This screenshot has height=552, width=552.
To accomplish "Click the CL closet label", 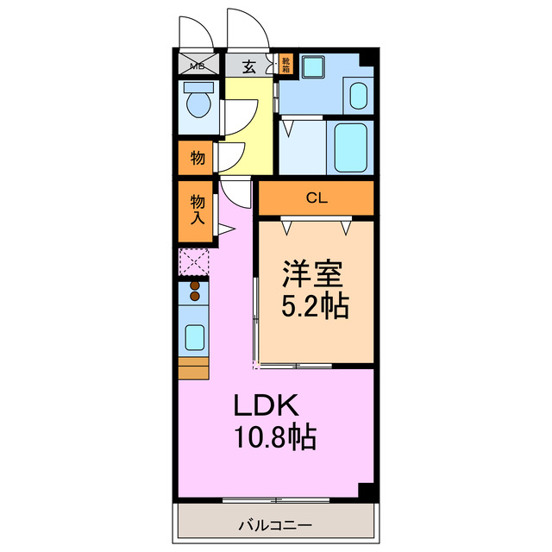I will (x=317, y=198).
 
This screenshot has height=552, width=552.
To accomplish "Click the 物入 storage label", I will (x=197, y=210).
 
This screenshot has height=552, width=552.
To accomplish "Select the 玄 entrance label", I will (x=248, y=65).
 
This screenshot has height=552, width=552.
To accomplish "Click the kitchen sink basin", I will (x=194, y=336).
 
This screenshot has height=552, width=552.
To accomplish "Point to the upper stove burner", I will (x=195, y=285).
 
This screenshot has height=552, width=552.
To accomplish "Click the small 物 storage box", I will (x=197, y=158).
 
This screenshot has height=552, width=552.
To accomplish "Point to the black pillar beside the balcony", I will (x=367, y=491).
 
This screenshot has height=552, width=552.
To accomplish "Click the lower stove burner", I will (x=195, y=297).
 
